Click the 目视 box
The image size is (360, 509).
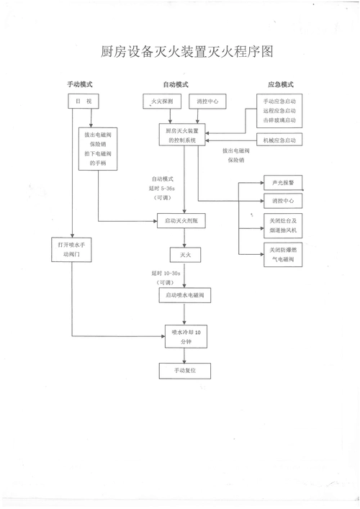[x=83, y=102]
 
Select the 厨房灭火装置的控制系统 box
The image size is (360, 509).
[x=181, y=135]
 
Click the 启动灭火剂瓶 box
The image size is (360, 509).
[x=181, y=222]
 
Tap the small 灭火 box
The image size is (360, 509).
[x=180, y=255]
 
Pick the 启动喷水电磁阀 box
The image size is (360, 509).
[x=181, y=295]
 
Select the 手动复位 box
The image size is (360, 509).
[x=180, y=371]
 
